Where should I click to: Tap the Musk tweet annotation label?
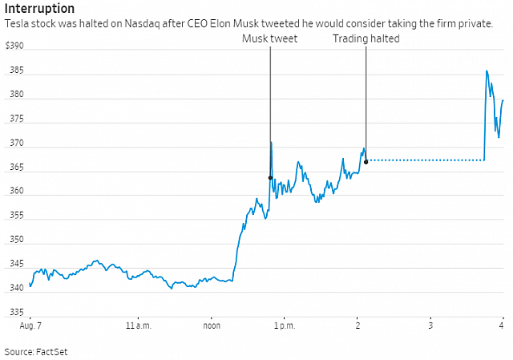[x=269, y=38]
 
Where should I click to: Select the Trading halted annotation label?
[x=366, y=38]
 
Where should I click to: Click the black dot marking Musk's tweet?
[x=270, y=178]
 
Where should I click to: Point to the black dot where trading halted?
[x=366, y=161]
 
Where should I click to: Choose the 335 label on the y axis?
[x=16, y=313]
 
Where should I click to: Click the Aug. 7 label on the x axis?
[x=30, y=326]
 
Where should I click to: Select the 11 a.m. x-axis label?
[x=139, y=326]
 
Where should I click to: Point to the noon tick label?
[x=212, y=326]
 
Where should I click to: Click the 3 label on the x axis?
[x=430, y=326]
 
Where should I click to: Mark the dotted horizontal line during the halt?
[x=425, y=160]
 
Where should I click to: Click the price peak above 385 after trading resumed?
[x=487, y=71]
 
